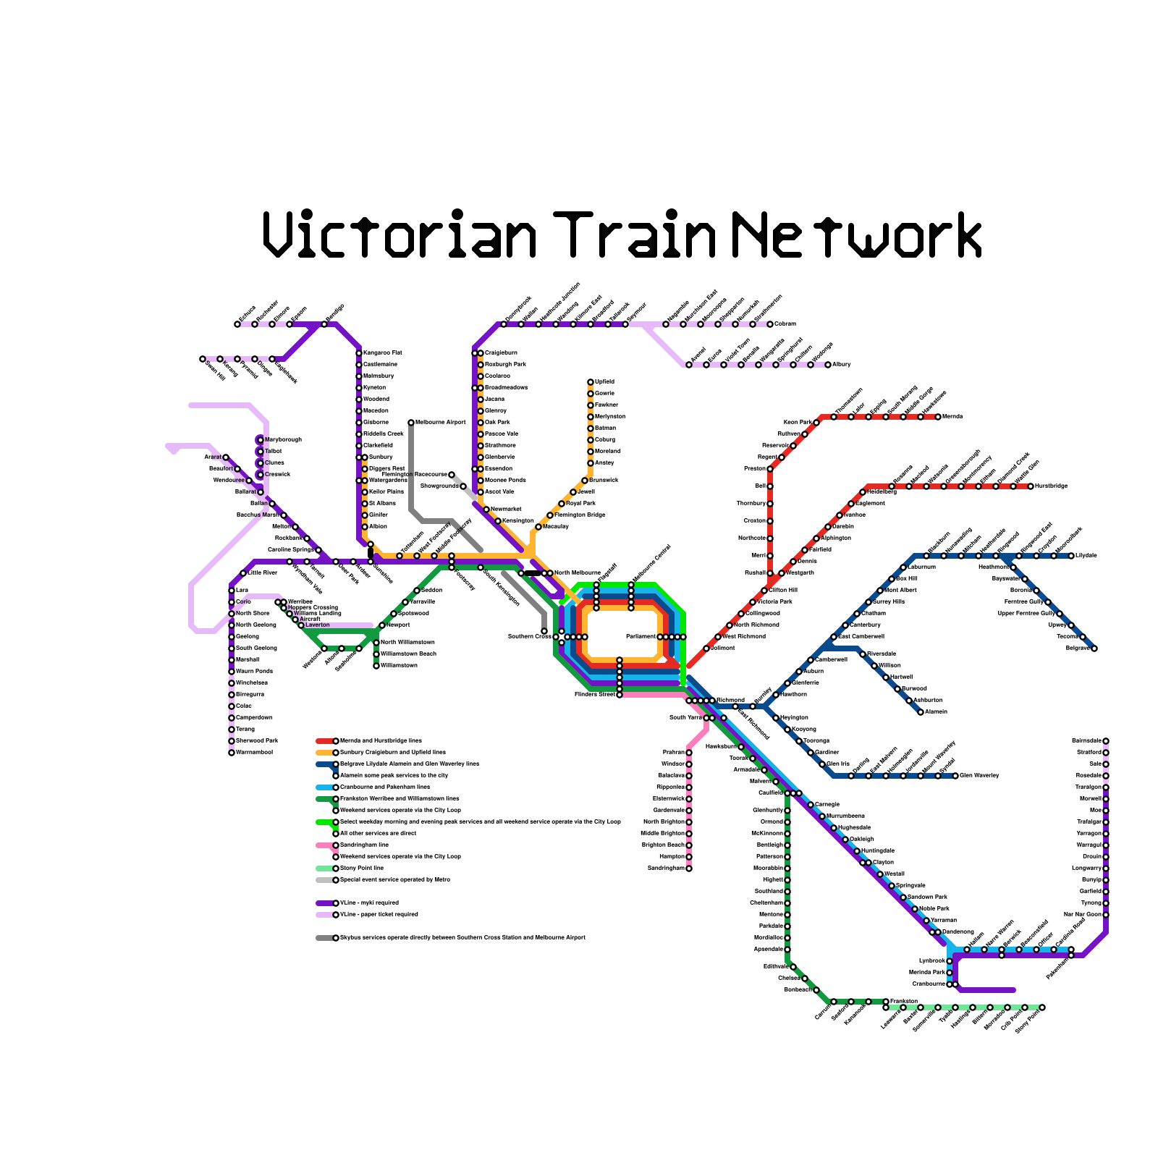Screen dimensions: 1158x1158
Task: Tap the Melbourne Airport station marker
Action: pos(411,423)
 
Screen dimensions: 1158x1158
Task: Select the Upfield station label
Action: pos(604,381)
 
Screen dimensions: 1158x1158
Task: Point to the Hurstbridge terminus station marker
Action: pos(1031,486)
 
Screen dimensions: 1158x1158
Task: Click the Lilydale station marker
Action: pos(1071,556)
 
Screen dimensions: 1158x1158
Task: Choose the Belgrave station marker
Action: pos(1094,648)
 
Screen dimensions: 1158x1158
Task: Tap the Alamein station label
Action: pos(937,711)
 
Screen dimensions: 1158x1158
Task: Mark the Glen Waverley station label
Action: pos(979,776)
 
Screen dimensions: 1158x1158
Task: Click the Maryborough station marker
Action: pos(261,440)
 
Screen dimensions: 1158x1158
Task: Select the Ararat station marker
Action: pos(226,457)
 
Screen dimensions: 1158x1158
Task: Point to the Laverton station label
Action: pos(317,625)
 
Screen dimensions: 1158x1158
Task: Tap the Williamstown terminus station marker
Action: pos(376,666)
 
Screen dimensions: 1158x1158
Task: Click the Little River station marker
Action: pos(243,573)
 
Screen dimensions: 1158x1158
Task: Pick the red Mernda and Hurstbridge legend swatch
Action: pos(324,741)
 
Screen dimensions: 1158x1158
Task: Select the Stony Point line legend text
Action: pos(362,868)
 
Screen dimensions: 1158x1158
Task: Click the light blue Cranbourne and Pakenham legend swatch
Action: pos(324,787)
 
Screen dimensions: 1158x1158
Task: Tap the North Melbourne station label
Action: pos(578,572)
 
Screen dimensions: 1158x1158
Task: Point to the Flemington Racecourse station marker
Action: pos(452,475)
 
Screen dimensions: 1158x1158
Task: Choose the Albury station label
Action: pos(842,364)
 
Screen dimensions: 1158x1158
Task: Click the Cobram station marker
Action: pos(770,324)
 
